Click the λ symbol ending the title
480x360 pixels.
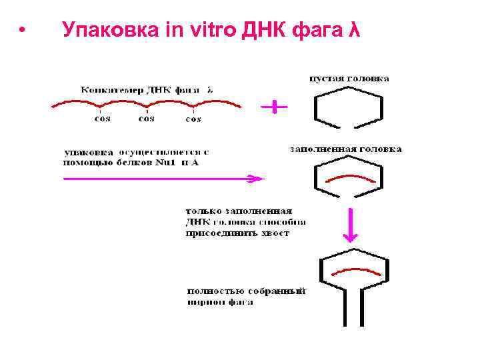pos(355,30)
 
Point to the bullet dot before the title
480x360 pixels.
pos(22,31)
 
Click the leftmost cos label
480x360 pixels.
pos(102,119)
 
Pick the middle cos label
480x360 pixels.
pos(146,119)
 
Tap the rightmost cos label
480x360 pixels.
pos(193,119)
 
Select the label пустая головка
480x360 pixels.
pos(349,79)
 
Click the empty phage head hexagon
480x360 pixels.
pos(348,107)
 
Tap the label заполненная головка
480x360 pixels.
pos(345,149)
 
